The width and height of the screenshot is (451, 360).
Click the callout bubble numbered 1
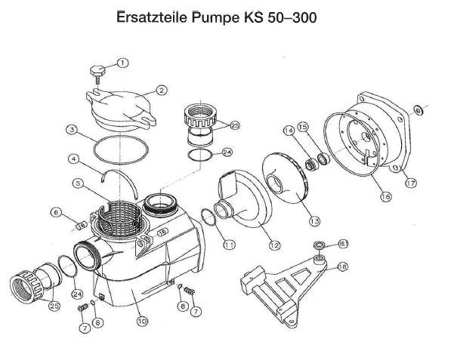coord(123,63)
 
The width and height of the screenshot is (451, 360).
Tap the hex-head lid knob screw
coord(97,74)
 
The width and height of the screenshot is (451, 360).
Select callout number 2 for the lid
coord(162,91)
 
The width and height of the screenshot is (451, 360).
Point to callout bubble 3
coord(72,130)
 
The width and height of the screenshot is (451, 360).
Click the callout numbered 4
coord(74,158)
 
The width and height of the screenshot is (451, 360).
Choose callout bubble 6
coord(56,212)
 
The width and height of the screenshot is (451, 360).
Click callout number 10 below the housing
coord(142,321)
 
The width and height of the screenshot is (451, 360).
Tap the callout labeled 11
coord(229,245)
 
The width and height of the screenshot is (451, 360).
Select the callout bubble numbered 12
coord(274,245)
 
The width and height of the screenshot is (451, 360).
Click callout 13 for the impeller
coord(315,221)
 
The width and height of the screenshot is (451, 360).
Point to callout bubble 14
coord(289,131)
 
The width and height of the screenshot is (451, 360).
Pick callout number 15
coord(303,127)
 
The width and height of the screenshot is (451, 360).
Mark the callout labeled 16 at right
coord(386,196)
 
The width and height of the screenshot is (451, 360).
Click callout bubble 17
coord(411,183)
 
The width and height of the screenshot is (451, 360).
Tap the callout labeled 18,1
coord(343,245)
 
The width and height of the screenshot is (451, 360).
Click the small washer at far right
coord(418,109)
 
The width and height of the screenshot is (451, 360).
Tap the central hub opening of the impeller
coord(275,183)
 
